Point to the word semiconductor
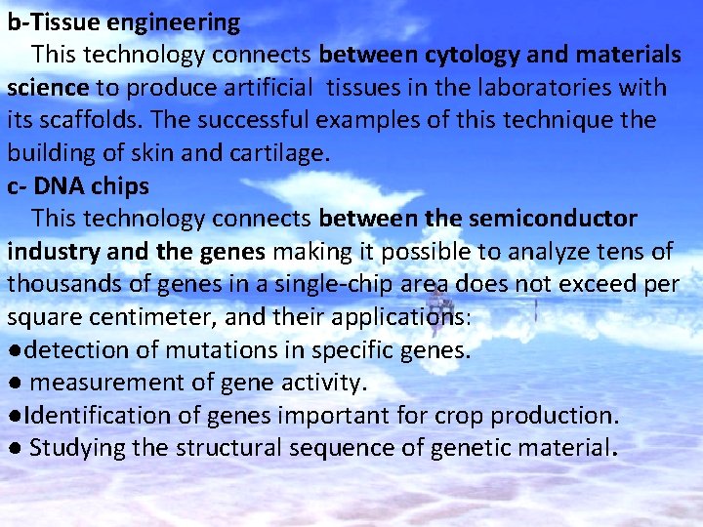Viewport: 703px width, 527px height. click(553, 219)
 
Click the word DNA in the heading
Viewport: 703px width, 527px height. click(62, 185)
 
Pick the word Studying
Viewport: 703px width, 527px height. click(78, 448)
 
